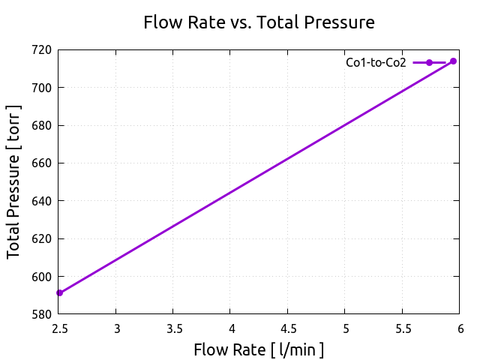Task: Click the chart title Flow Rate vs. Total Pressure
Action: point(259,23)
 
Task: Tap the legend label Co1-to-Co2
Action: point(376,63)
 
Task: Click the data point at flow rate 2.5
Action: point(59,292)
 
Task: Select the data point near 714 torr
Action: point(453,61)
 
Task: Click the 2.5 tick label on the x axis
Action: point(59,328)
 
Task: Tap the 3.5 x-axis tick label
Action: point(173,328)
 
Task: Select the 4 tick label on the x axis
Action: point(231,328)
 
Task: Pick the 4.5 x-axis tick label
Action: point(288,328)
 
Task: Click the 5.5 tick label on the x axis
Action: point(403,328)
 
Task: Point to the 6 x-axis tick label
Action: point(460,328)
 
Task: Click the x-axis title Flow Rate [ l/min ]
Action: point(259,349)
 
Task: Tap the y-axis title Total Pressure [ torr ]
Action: point(14,182)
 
